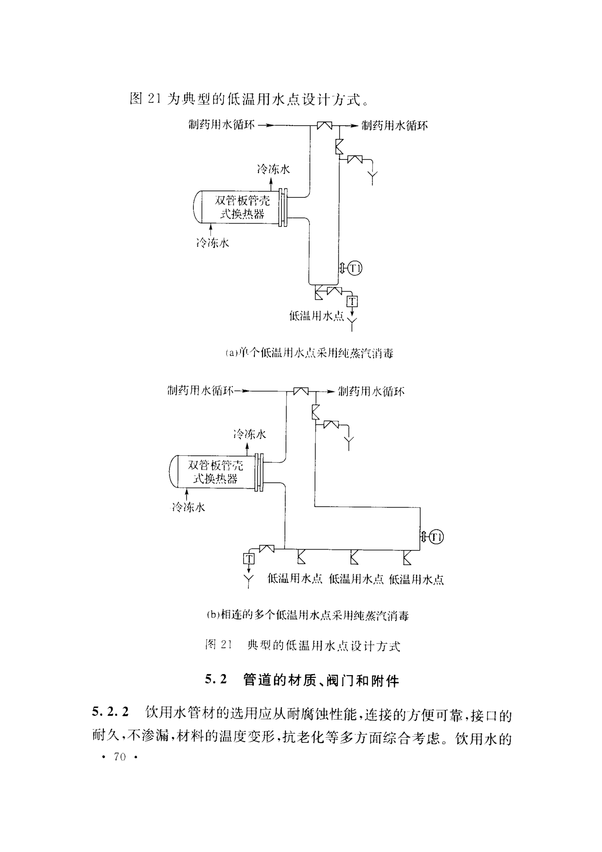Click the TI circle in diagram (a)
coord(355,269)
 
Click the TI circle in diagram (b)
coord(437,537)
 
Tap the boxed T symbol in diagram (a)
coord(352,301)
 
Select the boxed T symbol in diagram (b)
coord(249,558)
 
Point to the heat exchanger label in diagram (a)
coord(242,207)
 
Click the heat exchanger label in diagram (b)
coord(215,472)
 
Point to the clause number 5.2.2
coord(110,712)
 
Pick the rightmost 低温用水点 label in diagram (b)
coord(417,580)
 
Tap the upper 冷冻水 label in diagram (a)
coord(273,169)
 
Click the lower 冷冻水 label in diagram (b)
coord(189,507)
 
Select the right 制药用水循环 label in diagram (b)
coord(371,391)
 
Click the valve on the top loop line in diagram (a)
coord(325,125)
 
